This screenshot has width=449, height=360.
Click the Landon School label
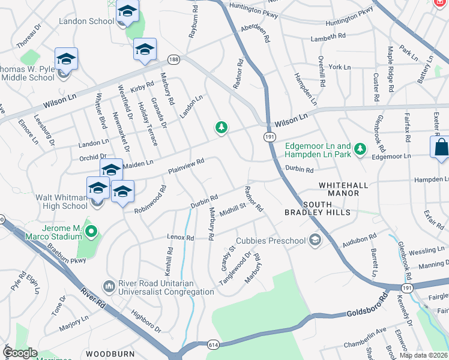pyautogui.click(x=86, y=21)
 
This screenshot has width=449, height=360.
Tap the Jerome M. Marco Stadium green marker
pyautogui.click(x=91, y=230)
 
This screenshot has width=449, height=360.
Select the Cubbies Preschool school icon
pyautogui.click(x=314, y=241)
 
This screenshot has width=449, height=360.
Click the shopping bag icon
pyautogui.click(x=440, y=148)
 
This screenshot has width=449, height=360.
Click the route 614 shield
pyautogui.click(x=214, y=346)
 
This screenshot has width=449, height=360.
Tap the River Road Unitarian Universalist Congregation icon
pyautogui.click(x=109, y=284)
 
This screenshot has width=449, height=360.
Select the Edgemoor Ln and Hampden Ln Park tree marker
pyautogui.click(x=360, y=148)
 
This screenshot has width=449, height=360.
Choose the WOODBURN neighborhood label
pyautogui.click(x=110, y=354)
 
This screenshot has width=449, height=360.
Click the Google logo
pyautogui.click(x=20, y=353)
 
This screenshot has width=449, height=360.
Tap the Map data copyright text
pyautogui.click(x=423, y=355)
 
